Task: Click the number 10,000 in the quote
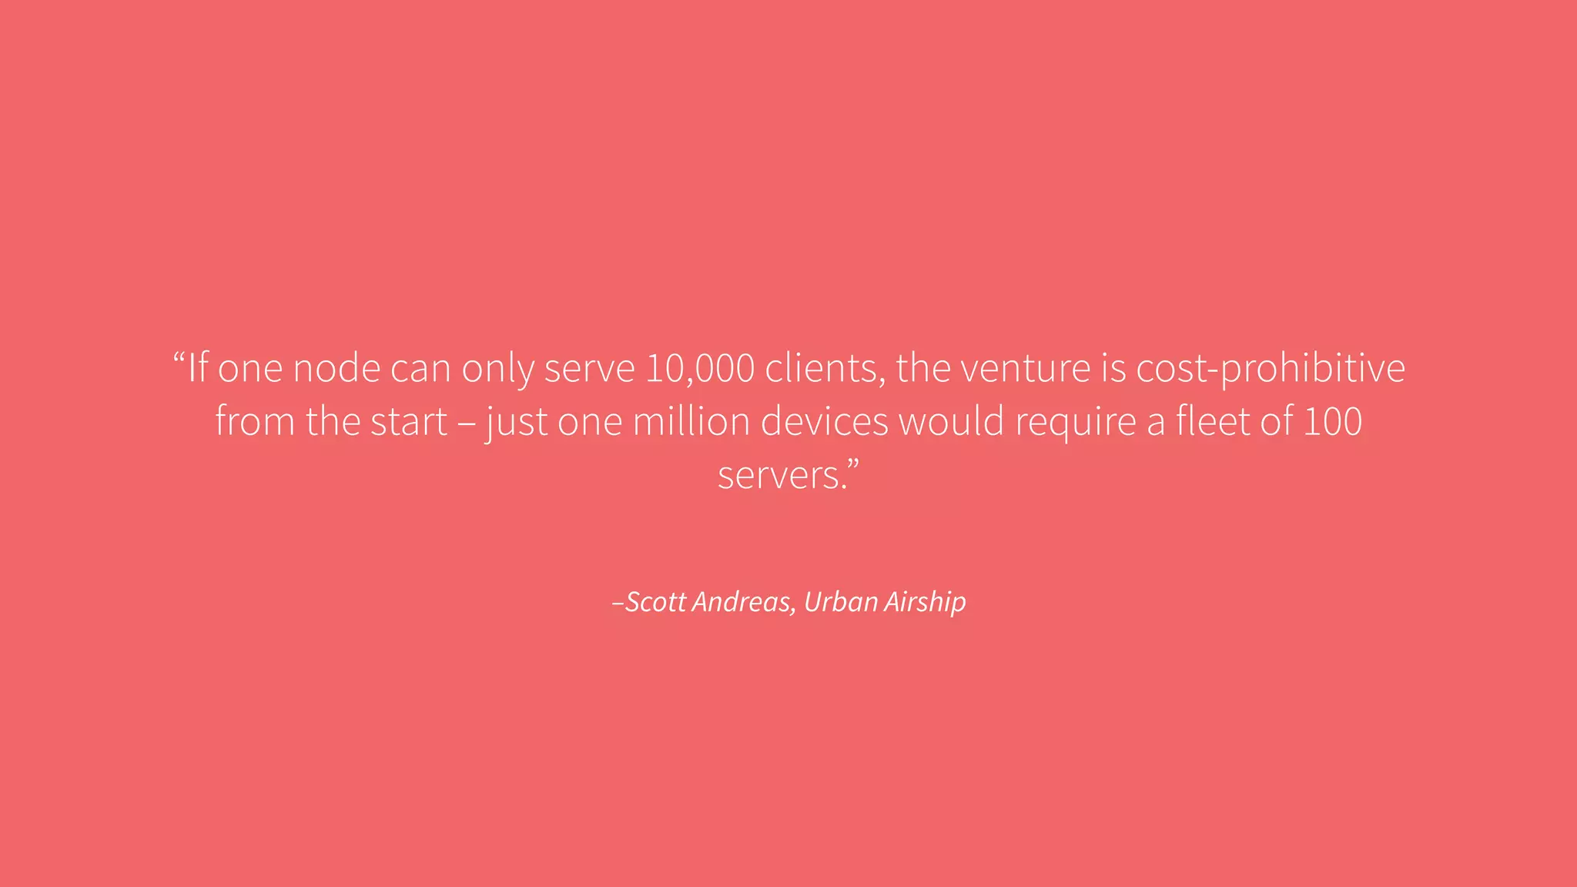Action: [699, 368]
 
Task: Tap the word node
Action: [336, 368]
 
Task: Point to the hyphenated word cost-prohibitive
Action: [1271, 368]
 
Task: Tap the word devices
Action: [824, 421]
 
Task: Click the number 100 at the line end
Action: [1333, 421]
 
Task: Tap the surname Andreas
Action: [743, 601]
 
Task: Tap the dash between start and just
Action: [467, 424]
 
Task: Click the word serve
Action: [589, 368]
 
